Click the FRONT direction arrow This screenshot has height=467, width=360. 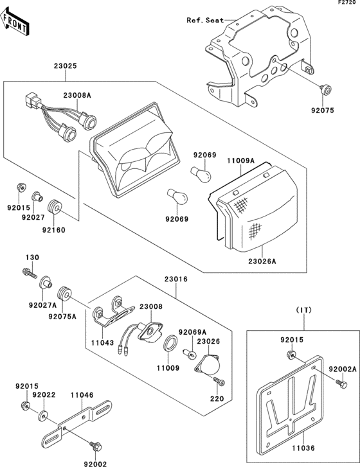14,22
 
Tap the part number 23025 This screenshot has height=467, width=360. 66,66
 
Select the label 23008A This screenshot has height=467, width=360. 77,95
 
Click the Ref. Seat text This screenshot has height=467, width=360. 205,21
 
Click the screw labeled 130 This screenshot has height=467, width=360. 30,273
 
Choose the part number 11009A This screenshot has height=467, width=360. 241,161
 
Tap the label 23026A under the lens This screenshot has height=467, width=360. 262,261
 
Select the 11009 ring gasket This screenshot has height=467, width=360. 171,343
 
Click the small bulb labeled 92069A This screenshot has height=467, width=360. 190,353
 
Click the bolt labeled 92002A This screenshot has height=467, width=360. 341,383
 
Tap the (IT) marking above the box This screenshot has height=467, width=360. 303,310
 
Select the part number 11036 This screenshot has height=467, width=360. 303,448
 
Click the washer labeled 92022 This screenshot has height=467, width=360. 42,416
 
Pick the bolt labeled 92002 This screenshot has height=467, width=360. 96,446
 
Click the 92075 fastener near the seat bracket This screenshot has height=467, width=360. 325,89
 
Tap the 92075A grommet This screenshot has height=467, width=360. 64,295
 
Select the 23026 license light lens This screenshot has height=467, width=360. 208,364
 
